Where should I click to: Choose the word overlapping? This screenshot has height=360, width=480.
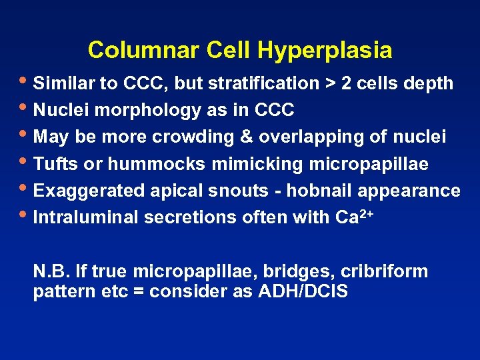(x=299, y=137)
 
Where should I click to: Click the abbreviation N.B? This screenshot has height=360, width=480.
(x=51, y=271)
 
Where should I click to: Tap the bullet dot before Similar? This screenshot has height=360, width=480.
(x=26, y=81)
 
